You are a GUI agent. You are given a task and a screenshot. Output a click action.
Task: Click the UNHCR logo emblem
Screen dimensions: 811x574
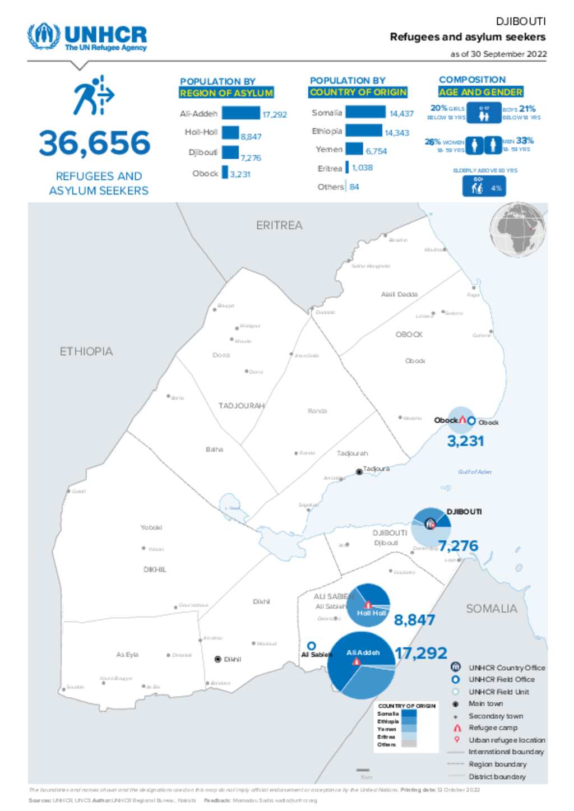coord(43,36)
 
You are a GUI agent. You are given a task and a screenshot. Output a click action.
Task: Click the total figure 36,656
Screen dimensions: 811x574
coord(95,143)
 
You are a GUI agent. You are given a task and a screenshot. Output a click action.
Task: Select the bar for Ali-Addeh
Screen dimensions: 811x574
coord(240,113)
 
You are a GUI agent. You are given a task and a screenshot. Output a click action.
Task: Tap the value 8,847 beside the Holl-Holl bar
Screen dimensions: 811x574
coord(251,137)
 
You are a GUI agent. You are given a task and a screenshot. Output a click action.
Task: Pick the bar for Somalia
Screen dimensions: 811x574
coord(365,112)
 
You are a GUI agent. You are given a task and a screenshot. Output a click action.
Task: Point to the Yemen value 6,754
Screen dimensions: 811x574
coord(376,151)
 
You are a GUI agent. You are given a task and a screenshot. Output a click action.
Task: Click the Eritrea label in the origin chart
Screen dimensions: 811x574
coord(330,168)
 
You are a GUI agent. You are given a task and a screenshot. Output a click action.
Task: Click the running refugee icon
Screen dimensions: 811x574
coord(93,96)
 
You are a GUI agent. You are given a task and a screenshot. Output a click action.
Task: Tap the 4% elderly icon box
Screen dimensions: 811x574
coord(484,187)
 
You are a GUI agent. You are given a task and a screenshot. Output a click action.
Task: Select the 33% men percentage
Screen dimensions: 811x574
coord(525,141)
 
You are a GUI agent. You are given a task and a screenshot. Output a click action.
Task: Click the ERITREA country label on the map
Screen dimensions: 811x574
coord(279,225)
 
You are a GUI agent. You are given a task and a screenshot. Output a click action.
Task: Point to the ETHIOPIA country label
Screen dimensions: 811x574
coord(86,351)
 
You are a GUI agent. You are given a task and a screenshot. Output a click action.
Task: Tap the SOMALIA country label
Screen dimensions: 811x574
coord(491,609)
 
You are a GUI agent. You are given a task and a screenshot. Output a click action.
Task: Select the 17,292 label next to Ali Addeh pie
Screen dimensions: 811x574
coord(421,653)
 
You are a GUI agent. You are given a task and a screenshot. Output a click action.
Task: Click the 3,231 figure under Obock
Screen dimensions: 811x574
coord(465,441)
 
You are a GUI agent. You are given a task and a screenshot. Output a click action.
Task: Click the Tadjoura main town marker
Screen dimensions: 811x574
coord(359,472)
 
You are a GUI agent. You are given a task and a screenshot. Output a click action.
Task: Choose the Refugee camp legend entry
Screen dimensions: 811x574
coord(492,727)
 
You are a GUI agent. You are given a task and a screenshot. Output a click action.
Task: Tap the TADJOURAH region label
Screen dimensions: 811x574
coord(241,405)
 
